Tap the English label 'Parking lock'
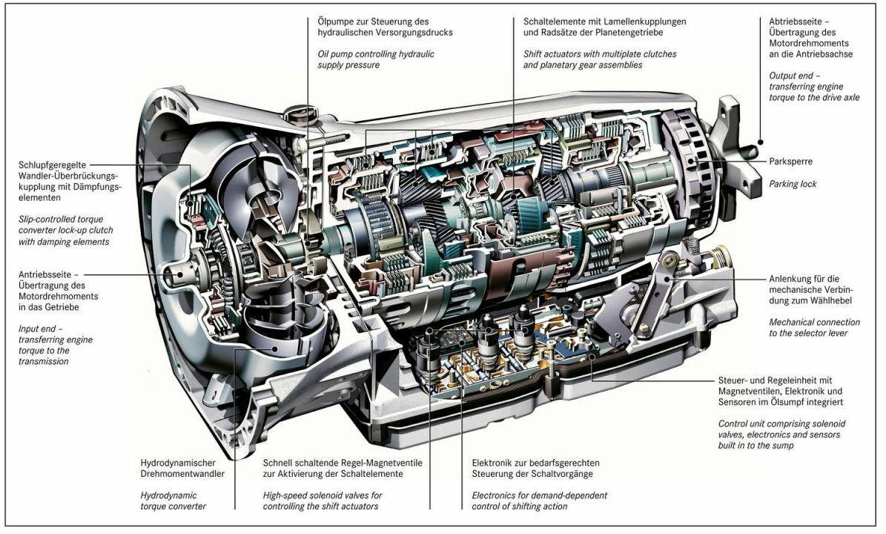tap(793, 183)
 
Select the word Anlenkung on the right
tap(790, 279)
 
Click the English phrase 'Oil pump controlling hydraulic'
tap(376, 54)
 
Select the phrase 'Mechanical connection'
tap(814, 323)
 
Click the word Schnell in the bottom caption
tap(280, 462)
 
